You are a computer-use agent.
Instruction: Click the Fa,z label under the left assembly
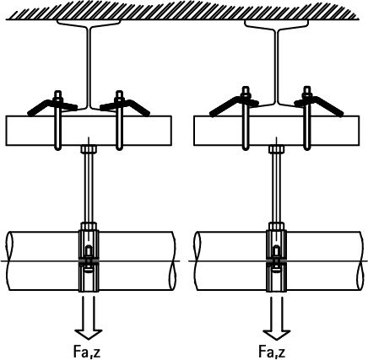tap(87, 351)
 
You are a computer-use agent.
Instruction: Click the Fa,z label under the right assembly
tap(272, 351)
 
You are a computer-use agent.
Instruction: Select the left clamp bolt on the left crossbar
tap(57, 121)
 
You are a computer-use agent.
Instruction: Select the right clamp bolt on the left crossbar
tap(120, 121)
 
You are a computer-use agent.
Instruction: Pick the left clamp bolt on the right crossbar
tap(246, 118)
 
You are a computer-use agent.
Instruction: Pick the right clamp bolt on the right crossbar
tap(306, 118)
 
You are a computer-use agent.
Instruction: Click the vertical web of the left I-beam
tap(89, 67)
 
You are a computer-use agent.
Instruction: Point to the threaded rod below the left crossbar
tap(89, 187)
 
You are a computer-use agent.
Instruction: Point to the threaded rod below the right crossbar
tap(276, 187)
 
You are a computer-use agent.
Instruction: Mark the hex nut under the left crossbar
tap(89, 148)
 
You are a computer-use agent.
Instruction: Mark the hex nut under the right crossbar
tap(276, 148)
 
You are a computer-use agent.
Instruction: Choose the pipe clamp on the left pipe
tap(89, 257)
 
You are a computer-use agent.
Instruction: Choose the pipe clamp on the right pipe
tap(276, 257)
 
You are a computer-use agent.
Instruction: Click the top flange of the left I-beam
tap(89, 23)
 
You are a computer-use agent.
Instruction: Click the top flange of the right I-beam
tap(277, 23)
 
